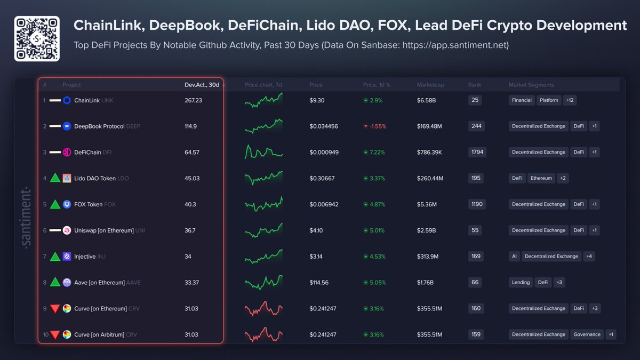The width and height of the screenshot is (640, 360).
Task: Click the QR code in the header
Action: coord(37,39)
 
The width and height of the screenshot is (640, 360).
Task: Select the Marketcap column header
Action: coord(430,85)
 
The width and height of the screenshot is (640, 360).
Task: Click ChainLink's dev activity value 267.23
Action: coord(189,100)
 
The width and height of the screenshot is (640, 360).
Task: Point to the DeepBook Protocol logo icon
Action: coord(67,126)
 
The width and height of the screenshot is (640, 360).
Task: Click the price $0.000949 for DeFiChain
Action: coord(324,153)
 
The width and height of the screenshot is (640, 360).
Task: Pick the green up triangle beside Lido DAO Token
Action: coord(54,178)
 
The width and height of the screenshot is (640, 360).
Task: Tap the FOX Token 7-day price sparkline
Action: coord(263,204)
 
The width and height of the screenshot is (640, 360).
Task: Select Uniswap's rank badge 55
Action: coord(475,230)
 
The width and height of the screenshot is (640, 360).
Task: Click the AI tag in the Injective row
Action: coord(514,257)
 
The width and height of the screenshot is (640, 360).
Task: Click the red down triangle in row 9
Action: coord(54,309)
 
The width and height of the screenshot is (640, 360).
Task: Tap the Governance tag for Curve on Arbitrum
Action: coord(587,335)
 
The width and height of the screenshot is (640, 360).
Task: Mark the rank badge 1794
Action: coord(477,153)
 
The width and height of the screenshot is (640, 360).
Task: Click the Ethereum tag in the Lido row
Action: coord(541,178)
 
